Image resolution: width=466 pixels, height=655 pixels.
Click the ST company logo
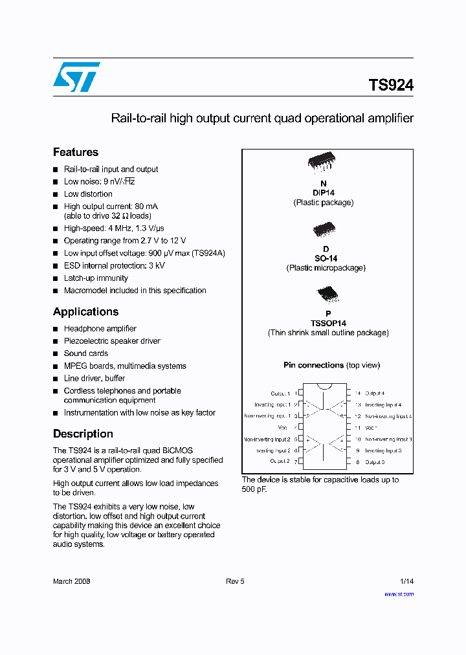76,77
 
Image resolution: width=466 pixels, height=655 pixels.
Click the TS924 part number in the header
390,85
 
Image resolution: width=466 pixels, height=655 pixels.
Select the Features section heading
76,152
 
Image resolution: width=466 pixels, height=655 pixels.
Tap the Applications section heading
85,311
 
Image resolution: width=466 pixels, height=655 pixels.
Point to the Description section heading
83,434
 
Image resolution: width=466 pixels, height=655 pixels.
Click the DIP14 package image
324,164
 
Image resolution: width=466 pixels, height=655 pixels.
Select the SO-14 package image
324,230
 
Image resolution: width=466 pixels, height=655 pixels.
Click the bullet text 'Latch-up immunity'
96,278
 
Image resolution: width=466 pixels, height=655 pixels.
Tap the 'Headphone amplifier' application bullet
100,329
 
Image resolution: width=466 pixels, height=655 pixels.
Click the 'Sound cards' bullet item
85,353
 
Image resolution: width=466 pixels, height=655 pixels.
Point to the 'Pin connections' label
313,365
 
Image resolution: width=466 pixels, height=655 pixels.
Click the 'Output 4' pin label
374,393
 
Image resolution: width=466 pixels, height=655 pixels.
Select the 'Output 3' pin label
374,462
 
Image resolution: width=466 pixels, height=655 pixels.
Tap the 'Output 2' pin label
280,461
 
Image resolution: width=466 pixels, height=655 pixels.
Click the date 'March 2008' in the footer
71,581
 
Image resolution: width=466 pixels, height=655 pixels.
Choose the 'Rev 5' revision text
235,581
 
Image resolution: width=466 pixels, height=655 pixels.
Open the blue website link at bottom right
399,594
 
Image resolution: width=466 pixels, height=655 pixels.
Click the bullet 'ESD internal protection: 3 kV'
114,266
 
